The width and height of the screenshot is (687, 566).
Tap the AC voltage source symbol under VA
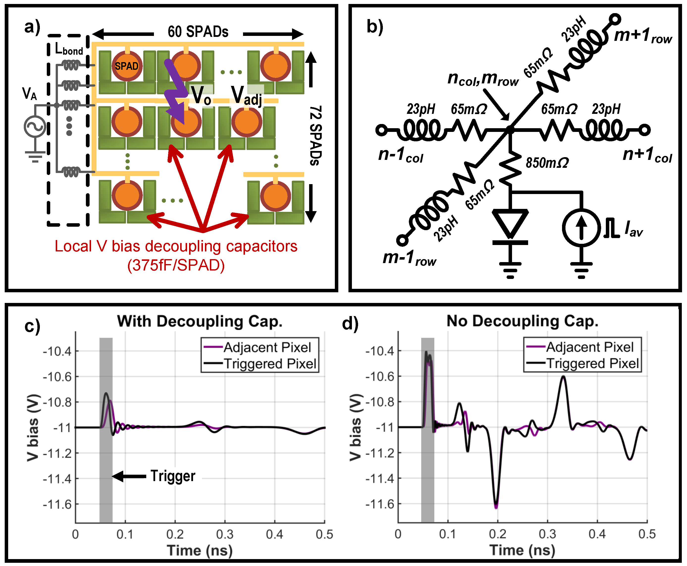[x=35, y=126]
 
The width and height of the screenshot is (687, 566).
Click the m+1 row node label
[x=642, y=36]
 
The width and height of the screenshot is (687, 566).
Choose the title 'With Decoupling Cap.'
[x=199, y=321]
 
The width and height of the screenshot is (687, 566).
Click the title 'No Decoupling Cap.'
[x=522, y=321]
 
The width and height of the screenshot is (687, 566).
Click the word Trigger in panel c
[x=173, y=476]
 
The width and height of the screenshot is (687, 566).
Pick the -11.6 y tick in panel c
[x=57, y=504]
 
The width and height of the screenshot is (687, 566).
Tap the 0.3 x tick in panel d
[x=547, y=534]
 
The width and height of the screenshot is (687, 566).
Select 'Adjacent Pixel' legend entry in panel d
[x=589, y=347]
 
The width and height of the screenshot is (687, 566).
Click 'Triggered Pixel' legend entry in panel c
[x=270, y=364]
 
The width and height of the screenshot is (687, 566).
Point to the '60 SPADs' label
[x=198, y=32]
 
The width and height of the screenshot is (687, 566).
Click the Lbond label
[x=69, y=49]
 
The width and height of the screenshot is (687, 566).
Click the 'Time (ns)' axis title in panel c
[x=199, y=551]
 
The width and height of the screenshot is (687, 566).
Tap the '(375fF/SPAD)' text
[x=176, y=265]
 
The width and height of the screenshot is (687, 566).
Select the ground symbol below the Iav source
[x=581, y=269]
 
